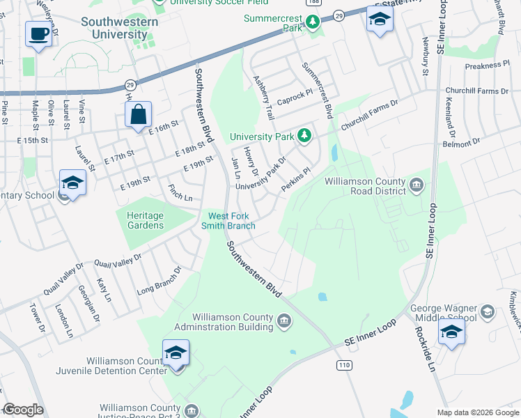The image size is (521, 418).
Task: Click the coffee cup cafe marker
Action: pos(38,33)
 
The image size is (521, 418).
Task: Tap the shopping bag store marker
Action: pos(138,114)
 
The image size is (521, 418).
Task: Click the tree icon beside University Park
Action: pos(304,135)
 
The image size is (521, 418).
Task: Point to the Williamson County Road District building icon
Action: pos(416,184)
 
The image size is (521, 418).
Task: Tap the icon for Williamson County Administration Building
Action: pos(284,321)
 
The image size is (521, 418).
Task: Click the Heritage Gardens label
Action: pos(146,220)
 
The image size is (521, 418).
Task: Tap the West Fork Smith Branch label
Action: pos(228,220)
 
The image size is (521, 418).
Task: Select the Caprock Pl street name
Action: pos(294,95)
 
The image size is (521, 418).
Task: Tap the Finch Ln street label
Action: pos(180,193)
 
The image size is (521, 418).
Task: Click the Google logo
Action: pos(23,410)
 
